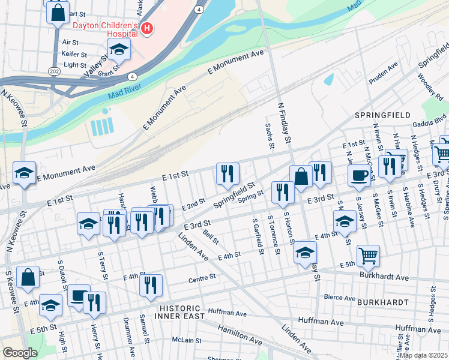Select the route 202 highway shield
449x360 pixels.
coord(53,70)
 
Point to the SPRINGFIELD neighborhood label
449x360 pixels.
coord(382,115)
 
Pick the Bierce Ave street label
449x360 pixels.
coord(340,297)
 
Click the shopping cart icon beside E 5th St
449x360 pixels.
coord(368,255)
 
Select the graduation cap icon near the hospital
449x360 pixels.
coord(119,50)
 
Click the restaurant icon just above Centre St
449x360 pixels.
coord(151,284)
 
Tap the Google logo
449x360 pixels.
coord(20,353)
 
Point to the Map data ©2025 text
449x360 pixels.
coord(423,355)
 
